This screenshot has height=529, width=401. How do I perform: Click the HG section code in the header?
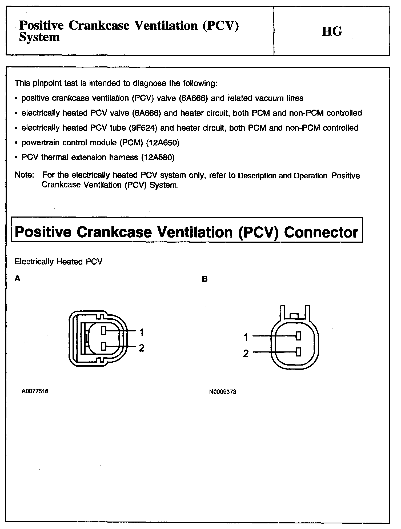pos(332,31)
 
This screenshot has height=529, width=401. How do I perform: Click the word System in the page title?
pos(39,37)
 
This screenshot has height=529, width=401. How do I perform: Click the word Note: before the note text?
pos(24,175)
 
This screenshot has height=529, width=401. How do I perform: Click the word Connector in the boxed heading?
pos(321,232)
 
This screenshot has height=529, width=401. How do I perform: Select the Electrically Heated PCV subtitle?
pos(58,262)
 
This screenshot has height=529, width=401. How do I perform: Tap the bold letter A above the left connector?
pos(18,279)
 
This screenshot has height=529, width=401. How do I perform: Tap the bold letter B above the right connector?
pos(205,279)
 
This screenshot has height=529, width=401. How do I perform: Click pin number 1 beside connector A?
pos(142,332)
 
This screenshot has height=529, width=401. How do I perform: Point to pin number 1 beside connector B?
pos(246,338)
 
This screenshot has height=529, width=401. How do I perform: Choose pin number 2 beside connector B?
pos(246,354)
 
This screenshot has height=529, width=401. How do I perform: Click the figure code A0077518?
pos(35,391)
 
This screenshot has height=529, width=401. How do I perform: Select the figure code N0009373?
pos(223,392)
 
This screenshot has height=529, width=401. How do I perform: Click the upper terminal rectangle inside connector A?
pos(104,331)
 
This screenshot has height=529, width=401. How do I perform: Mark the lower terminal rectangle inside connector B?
pos(299,352)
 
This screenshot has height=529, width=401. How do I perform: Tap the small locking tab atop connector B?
pos(295,316)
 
